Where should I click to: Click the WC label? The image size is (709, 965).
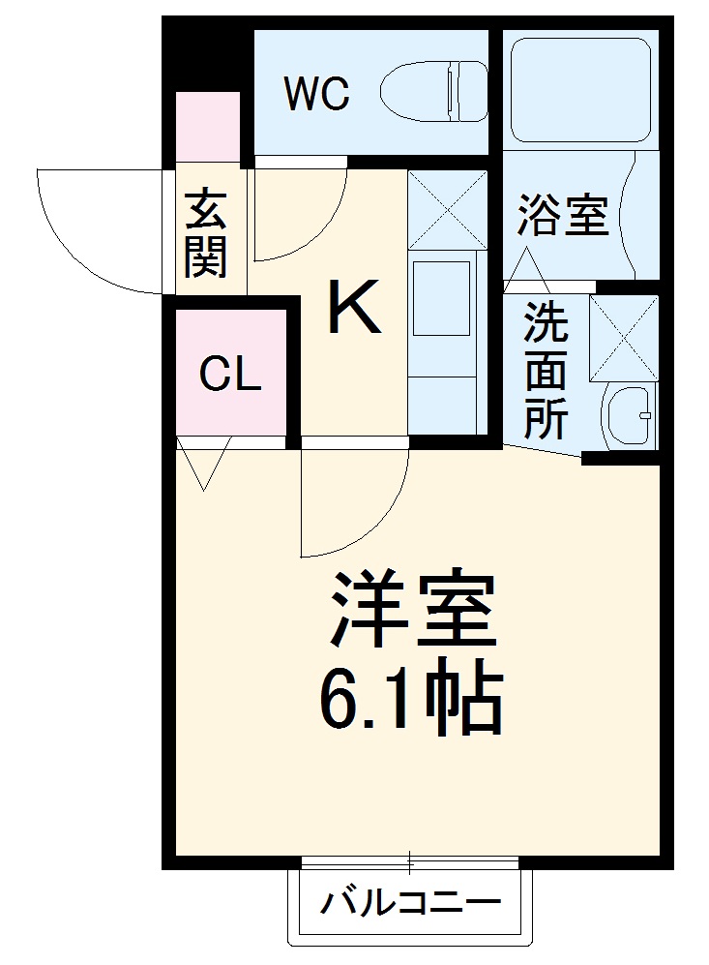click(315, 94)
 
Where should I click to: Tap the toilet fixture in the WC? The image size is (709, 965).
click(435, 91)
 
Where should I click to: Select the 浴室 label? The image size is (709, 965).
click(562, 216)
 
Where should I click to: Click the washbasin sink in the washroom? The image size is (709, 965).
click(630, 417)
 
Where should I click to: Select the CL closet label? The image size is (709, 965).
click(230, 375)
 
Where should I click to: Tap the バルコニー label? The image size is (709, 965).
click(412, 906)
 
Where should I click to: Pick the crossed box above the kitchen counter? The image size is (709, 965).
click(447, 208)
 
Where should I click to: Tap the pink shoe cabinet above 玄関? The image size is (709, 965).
click(207, 127)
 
